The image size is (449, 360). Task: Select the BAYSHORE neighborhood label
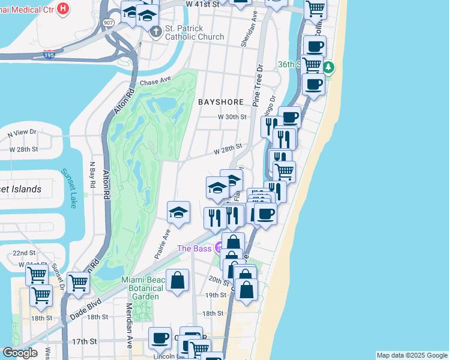point(221,102)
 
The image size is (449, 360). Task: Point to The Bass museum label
point(195,248)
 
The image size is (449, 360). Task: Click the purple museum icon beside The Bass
point(220,247)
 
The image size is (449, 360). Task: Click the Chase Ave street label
point(155,80)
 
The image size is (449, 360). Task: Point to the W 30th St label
point(232,117)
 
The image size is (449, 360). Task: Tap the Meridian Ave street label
point(129,330)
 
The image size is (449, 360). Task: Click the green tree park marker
point(328,65)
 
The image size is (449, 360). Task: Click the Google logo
point(20,353)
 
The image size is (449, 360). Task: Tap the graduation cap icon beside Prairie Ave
point(178,212)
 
